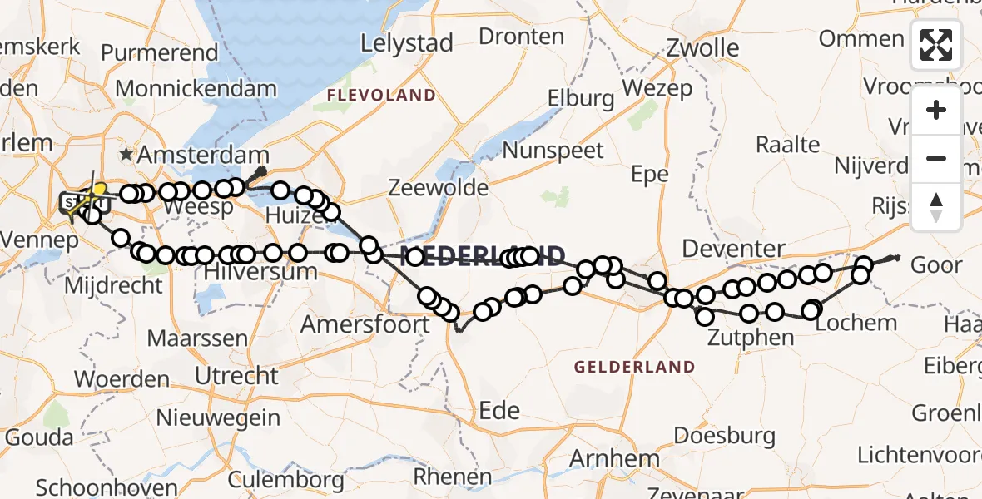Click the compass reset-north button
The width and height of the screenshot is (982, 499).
936,207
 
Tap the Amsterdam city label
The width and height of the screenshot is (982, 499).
204,156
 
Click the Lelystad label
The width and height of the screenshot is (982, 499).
407,43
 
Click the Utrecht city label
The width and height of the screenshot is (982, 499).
236,375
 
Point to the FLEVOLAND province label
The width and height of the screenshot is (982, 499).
381,96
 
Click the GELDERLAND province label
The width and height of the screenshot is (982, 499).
635,366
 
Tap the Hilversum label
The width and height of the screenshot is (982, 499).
257,273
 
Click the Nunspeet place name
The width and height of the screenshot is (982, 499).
553,151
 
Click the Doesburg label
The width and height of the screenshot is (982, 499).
725,435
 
